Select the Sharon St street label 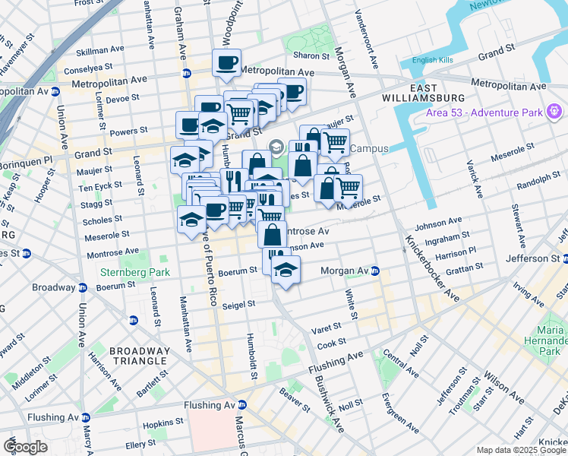click(311, 55)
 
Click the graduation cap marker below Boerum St click(286, 271)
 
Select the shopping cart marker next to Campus click(335, 141)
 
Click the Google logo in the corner click(25, 447)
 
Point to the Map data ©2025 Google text click(521, 450)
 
